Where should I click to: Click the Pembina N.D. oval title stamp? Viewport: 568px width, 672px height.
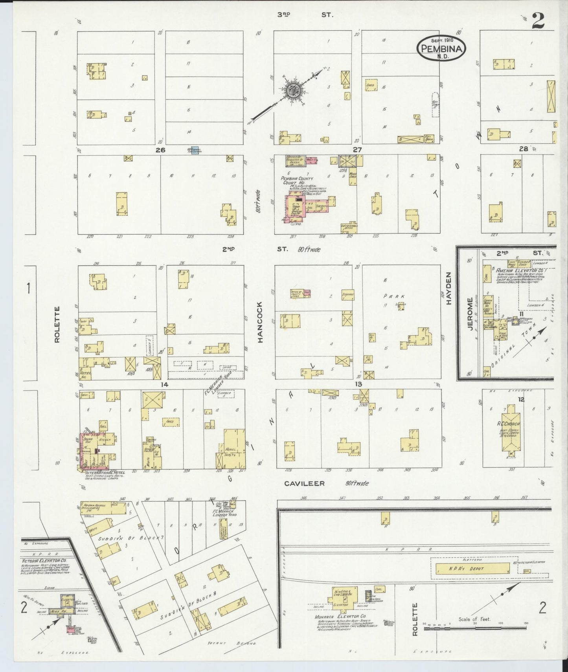tap(441, 48)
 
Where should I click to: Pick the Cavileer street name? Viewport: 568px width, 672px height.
tap(305, 483)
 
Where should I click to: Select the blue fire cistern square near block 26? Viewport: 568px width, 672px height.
tap(194, 150)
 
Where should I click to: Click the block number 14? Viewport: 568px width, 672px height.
tap(164, 384)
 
